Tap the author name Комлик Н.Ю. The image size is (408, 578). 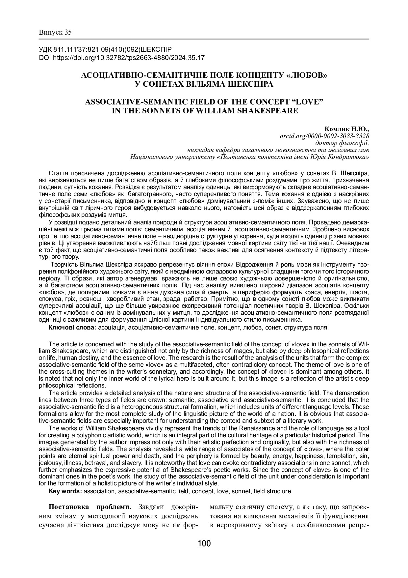[347, 129]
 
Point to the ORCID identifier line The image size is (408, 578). [324, 136]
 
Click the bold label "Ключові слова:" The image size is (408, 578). [72, 328]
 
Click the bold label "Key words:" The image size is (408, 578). [65, 491]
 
